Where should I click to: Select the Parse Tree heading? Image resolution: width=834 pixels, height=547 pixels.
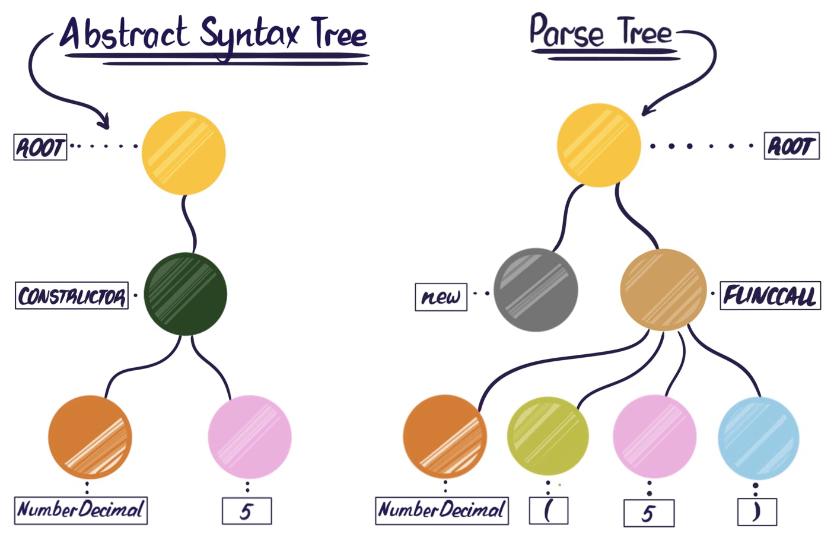[600, 33]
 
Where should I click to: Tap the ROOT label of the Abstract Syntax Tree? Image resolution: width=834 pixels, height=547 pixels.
[40, 147]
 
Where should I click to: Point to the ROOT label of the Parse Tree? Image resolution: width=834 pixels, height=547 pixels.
[791, 146]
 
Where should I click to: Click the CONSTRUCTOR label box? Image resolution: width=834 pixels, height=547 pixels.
[72, 295]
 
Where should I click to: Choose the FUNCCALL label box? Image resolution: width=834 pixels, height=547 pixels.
[770, 295]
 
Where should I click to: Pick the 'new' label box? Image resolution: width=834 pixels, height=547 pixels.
[441, 297]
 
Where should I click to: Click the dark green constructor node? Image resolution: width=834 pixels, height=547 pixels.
[185, 294]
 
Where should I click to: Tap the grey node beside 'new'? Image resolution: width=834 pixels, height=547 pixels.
[536, 290]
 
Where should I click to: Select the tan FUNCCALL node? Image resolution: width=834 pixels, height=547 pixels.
[663, 290]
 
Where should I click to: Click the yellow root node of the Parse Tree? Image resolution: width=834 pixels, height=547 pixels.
[599, 145]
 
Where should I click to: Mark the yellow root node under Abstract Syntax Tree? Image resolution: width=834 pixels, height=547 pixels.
[184, 153]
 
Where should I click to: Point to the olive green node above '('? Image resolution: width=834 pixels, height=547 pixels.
[547, 436]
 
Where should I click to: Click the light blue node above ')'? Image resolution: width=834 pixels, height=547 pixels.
[758, 438]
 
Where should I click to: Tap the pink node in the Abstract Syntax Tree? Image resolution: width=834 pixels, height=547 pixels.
[250, 437]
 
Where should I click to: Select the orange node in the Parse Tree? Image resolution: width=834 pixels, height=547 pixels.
[445, 437]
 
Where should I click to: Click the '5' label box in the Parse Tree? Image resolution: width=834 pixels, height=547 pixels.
[648, 513]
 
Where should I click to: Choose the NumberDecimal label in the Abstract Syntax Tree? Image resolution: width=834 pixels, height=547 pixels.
[81, 510]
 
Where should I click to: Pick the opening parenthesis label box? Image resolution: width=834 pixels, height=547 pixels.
[548, 511]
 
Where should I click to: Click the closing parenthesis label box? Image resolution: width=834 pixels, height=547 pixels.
[756, 512]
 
